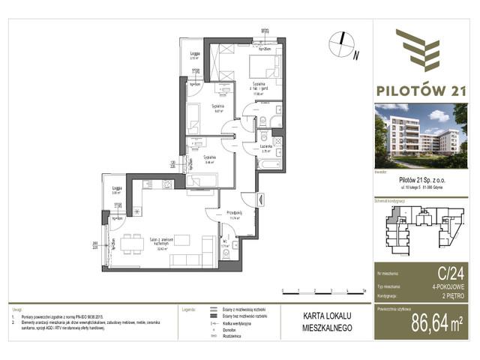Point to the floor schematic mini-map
coord(420,225)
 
